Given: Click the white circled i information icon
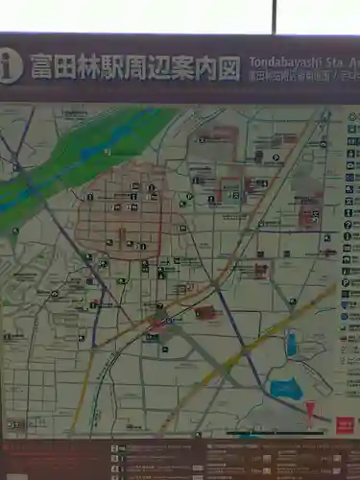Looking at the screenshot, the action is [x=10, y=66].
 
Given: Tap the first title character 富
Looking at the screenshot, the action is [x=43, y=67].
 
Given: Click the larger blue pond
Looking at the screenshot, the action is [x=285, y=389].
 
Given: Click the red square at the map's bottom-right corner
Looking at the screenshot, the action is [x=342, y=424].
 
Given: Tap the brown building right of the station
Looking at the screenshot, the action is [x=204, y=313].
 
